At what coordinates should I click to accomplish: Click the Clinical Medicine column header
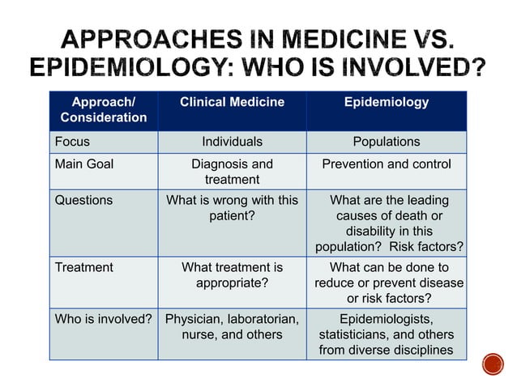coord(232,103)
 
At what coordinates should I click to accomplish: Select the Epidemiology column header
coord(387,103)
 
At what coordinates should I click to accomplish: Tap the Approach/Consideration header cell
coord(104,110)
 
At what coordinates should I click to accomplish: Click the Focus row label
coord(72,142)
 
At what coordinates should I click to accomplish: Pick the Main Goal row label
coord(84,164)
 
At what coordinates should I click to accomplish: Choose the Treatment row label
coord(83,267)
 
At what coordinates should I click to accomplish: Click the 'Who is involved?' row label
coord(103,319)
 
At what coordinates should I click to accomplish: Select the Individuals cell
coord(232,142)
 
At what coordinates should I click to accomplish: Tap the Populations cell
coord(387,142)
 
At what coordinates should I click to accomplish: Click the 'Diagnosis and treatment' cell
coord(232,172)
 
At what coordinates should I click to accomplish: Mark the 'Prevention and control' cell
coord(387,164)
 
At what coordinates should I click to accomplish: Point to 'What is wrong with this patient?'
coord(232,208)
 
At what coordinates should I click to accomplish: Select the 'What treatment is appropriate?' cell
coord(232,275)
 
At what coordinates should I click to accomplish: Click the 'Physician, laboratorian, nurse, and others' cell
coord(232,326)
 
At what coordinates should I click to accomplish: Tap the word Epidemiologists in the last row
coord(387,319)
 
